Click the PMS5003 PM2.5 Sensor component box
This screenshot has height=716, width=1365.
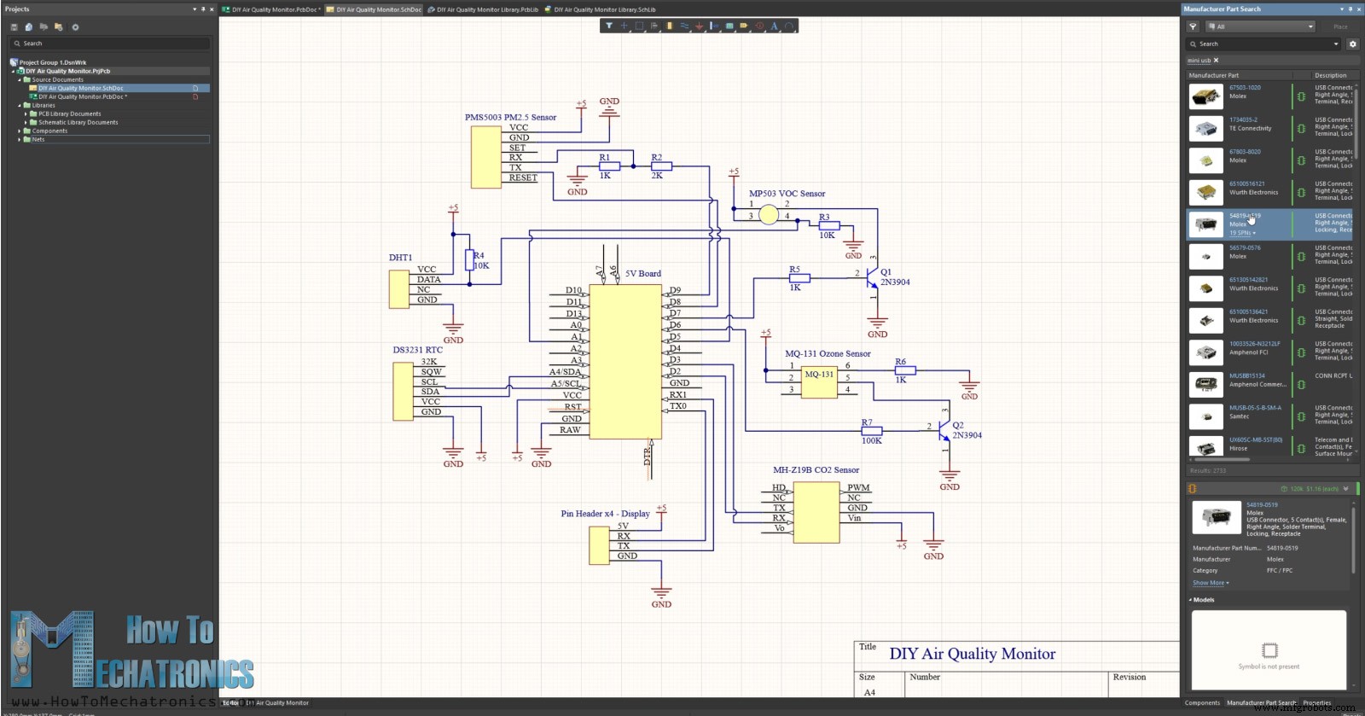click(x=486, y=157)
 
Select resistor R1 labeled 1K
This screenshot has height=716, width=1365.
click(x=609, y=166)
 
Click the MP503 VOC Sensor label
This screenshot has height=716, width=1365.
click(x=787, y=194)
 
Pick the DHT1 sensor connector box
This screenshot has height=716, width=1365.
click(x=398, y=289)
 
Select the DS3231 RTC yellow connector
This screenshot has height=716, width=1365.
click(x=403, y=391)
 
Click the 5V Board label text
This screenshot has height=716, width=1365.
click(x=643, y=274)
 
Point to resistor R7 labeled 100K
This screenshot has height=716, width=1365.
click(x=871, y=431)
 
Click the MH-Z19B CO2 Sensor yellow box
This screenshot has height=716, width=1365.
click(x=816, y=512)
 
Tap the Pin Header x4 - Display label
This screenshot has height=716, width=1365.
click(x=605, y=514)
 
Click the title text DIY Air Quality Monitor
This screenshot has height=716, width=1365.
click(x=972, y=654)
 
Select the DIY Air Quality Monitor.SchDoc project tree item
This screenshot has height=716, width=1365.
click(x=81, y=88)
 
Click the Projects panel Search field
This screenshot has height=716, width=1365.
click(x=109, y=44)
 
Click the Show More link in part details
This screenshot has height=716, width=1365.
click(x=1210, y=583)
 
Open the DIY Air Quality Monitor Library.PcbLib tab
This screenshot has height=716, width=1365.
click(x=486, y=9)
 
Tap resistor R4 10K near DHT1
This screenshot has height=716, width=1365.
click(x=468, y=259)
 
